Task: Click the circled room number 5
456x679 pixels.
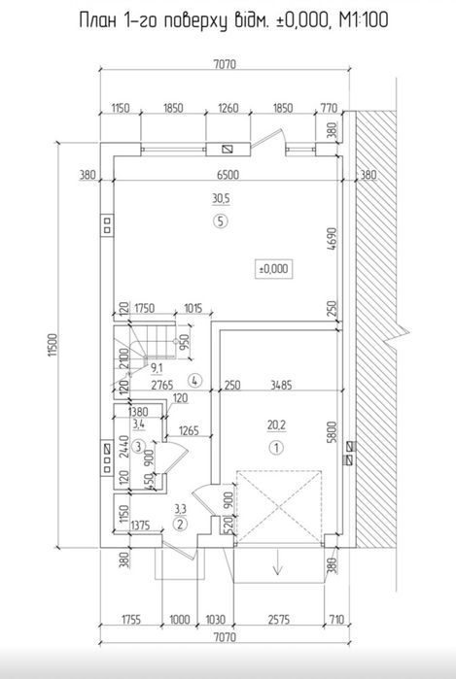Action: tap(220, 221)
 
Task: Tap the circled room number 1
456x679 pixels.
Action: tap(276, 448)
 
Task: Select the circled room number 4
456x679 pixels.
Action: tap(195, 381)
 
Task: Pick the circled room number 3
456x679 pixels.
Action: tap(138, 446)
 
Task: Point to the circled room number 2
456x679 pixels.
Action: tap(180, 525)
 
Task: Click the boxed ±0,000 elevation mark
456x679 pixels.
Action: tap(274, 269)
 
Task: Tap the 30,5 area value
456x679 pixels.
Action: tap(221, 199)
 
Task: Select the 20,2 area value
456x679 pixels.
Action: tap(276, 425)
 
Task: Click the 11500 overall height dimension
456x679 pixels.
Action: tap(53, 345)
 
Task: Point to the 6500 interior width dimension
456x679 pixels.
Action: tap(228, 175)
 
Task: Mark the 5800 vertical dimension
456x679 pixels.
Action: tap(333, 430)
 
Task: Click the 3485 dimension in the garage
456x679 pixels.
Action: tap(281, 385)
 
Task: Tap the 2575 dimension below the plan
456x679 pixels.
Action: tap(278, 620)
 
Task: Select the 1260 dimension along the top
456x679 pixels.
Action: tap(228, 108)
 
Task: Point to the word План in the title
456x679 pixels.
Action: tap(98, 20)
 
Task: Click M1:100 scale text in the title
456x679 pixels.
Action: tap(364, 20)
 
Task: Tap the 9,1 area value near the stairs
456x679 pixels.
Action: tap(157, 368)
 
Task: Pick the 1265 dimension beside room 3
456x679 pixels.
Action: tap(188, 430)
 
